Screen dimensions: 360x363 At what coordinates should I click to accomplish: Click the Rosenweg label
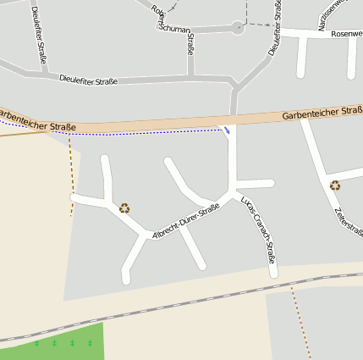[347, 34]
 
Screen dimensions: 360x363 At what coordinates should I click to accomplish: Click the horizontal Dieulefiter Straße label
[88, 80]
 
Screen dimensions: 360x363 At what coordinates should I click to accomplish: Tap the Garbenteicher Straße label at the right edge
[322, 113]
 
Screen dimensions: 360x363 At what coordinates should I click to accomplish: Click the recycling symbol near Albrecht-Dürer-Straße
[124, 208]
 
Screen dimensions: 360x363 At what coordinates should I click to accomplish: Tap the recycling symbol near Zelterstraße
[335, 186]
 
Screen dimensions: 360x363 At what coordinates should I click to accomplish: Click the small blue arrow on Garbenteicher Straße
[226, 130]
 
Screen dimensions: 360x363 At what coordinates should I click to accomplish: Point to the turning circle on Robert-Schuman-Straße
[238, 28]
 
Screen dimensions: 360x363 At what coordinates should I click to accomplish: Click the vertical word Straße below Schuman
[190, 45]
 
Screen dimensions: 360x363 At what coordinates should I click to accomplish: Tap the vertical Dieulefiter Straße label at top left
[39, 35]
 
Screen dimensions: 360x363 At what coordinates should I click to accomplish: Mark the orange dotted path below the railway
[300, 314]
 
